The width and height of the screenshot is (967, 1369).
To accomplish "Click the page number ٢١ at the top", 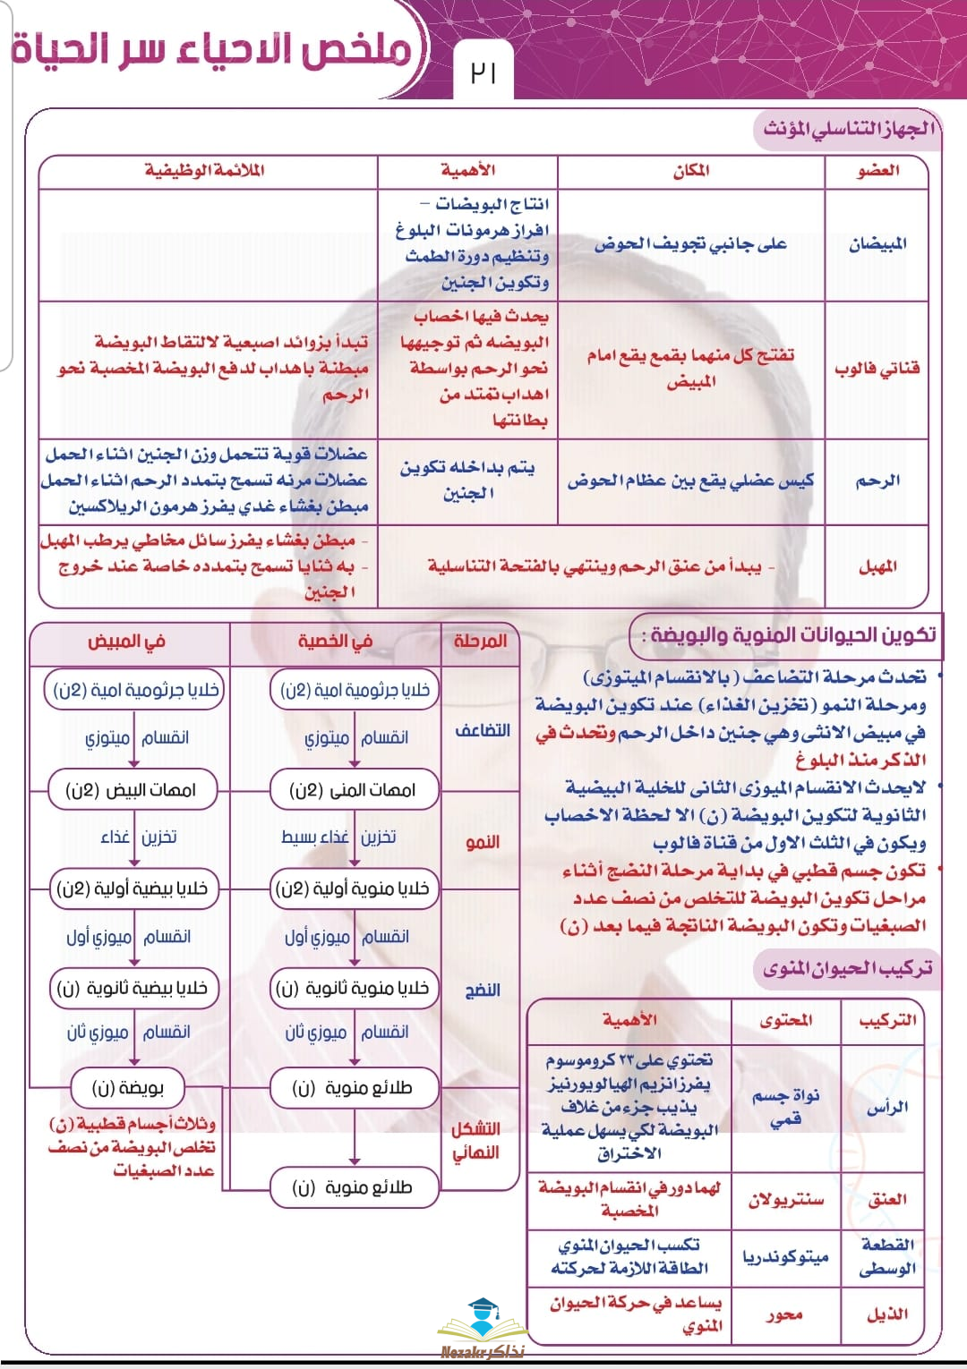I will point(483,72).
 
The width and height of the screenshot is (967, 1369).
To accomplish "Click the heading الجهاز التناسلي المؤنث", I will point(847,128).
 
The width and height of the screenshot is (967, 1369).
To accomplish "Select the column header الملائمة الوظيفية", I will point(205,170).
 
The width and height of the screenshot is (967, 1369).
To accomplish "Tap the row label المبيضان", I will point(877,243).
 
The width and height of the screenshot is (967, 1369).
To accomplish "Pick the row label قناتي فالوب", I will point(877,368).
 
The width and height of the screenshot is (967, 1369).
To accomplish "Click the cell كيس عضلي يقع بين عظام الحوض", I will point(690,480).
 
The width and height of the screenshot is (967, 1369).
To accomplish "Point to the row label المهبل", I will point(877,565).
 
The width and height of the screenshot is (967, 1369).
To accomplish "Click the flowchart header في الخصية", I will point(335,642).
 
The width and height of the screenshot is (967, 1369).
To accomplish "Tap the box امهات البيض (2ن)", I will point(131,790).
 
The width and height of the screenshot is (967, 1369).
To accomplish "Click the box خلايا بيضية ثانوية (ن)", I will point(132,988).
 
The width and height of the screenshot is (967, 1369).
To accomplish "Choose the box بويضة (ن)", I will point(128,1088).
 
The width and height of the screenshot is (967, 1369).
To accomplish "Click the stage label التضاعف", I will point(482,730).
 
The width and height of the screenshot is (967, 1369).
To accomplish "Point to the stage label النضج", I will point(482,990).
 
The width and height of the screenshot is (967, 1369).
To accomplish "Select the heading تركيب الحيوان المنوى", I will point(847,968).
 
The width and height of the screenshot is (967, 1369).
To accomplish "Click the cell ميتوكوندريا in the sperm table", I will point(785,1256).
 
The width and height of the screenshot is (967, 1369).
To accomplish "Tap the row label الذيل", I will point(886,1314).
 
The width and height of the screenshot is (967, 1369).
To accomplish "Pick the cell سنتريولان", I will point(785,1199).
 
